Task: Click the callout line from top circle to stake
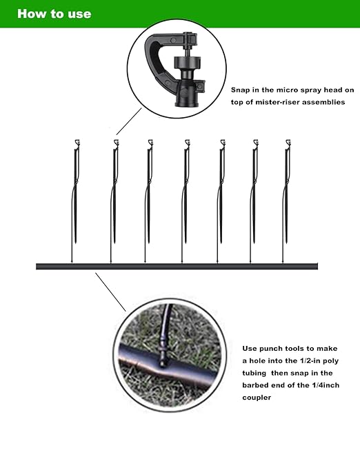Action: pyautogui.click(x=124, y=124)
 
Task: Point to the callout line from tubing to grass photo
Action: pyautogui.click(x=110, y=290)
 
